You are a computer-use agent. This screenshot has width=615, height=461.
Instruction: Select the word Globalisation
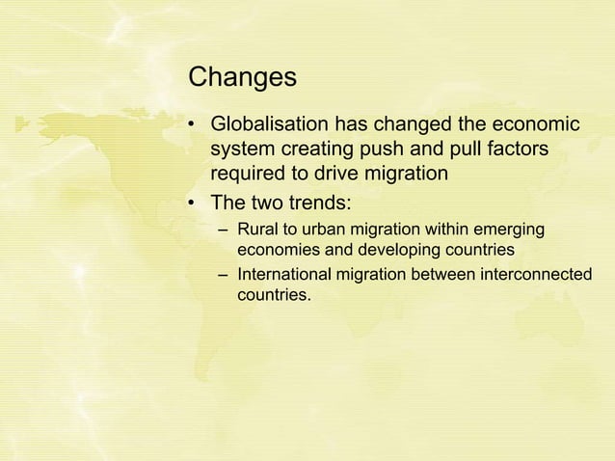(x=268, y=126)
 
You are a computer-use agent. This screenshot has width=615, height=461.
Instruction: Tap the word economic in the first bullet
(x=536, y=126)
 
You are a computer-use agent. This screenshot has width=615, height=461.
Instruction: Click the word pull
(x=473, y=151)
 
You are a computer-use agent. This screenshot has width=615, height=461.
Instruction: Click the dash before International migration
(x=224, y=277)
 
